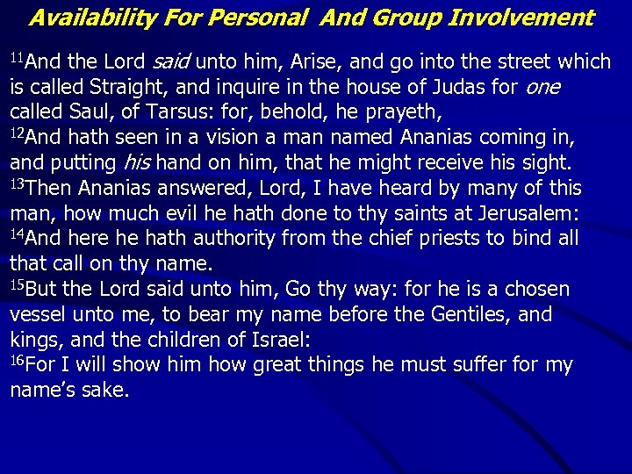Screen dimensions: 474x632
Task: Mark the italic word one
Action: pyautogui.click(x=542, y=88)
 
